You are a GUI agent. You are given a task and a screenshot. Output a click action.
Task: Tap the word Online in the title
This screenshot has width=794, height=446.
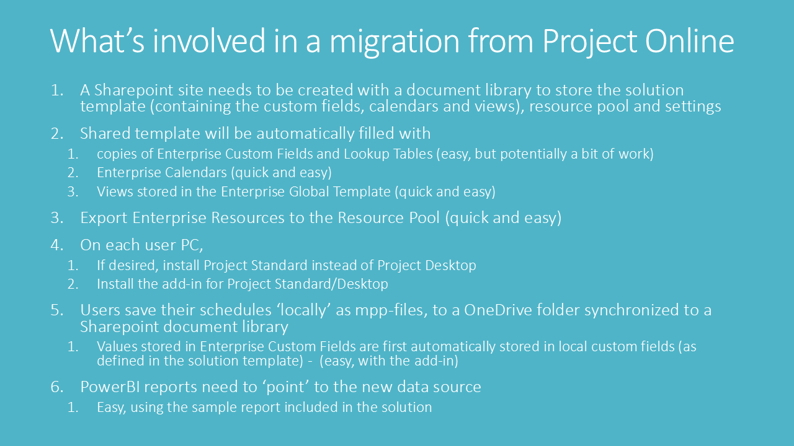point(689,41)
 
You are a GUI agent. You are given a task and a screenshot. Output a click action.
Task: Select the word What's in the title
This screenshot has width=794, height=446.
point(97,41)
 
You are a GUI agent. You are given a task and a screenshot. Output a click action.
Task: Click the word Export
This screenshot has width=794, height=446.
point(104,218)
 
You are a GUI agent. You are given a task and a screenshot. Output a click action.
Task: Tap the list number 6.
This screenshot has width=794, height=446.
point(56,387)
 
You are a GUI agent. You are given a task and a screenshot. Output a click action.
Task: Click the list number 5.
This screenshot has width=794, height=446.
point(56,310)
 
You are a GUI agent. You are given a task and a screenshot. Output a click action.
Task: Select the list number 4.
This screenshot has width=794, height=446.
point(56,245)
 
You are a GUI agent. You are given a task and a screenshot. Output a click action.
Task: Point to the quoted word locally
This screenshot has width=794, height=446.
point(306,310)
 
